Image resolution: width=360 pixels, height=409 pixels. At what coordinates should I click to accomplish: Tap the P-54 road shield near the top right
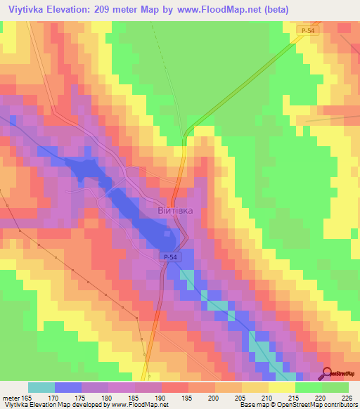point(304,31)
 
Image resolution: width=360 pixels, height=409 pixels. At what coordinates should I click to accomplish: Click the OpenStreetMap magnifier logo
point(328,373)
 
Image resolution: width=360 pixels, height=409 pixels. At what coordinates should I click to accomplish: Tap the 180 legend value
point(106,398)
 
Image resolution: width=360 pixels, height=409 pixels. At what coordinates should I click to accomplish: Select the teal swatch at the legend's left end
point(41,387)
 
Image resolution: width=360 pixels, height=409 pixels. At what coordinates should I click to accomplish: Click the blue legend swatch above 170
point(68,387)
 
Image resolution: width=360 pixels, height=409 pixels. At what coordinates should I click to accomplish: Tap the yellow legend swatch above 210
point(255,387)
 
